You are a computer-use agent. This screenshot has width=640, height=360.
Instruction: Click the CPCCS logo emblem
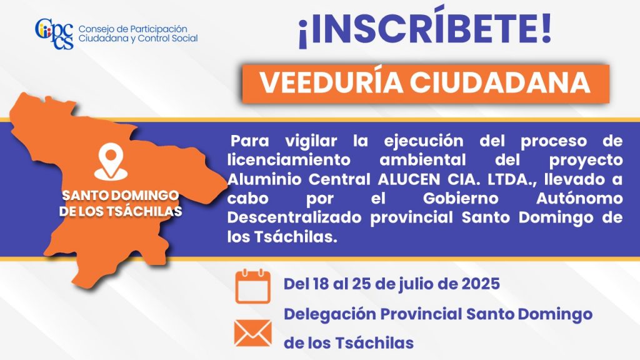click(54, 34)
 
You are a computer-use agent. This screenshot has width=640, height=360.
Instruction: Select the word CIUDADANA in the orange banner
click(500, 83)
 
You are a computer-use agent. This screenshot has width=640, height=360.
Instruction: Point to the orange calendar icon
click(252, 286)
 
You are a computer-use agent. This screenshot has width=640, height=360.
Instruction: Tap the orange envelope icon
click(252, 333)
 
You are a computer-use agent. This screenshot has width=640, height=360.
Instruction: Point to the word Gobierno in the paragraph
click(461, 198)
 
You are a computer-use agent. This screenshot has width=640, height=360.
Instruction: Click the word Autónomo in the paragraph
click(579, 198)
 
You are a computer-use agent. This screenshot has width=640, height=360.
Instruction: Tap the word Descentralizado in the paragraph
click(294, 217)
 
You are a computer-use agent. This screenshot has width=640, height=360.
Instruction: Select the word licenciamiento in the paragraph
click(289, 159)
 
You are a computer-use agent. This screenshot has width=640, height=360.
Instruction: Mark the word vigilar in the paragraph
click(311, 141)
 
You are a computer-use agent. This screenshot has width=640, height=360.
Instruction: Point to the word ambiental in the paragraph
click(423, 159)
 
